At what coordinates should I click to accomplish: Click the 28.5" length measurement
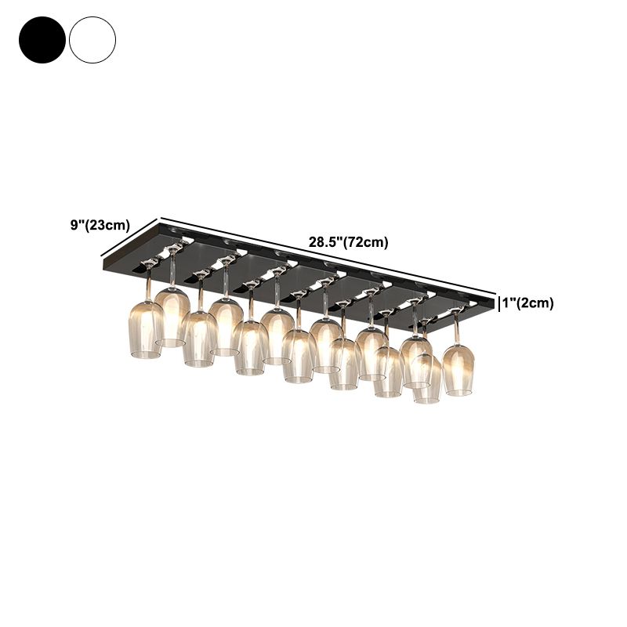point(322,242)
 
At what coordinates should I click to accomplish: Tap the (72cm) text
point(365,242)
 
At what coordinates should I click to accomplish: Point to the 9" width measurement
point(76,225)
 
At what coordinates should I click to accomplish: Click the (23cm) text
point(109,225)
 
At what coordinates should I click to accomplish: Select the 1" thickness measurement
point(510,303)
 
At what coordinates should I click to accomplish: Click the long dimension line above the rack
point(329,254)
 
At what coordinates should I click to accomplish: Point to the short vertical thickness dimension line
point(499,303)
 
